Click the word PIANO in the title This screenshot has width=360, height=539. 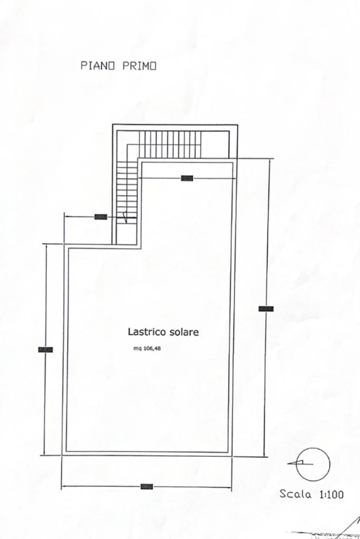click(99, 66)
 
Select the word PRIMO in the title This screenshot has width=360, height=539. click(139, 66)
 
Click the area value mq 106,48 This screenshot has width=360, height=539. click(147, 347)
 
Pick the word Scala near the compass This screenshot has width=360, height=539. click(296, 494)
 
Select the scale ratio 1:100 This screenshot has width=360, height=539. click(332, 494)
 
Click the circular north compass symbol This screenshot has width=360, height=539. click(313, 464)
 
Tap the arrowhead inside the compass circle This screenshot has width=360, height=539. click(298, 463)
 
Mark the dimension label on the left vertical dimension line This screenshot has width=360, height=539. click(46, 349)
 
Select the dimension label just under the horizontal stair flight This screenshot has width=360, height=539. click(187, 178)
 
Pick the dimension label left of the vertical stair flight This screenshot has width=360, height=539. click(101, 217)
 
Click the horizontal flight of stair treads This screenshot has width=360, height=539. click(170, 144)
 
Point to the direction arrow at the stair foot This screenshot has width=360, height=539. click(125, 217)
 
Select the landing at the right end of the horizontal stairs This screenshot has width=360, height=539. click(215, 144)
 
